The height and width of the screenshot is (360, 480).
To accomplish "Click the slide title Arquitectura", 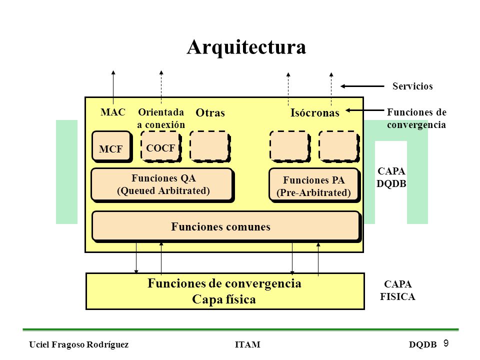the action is [x=246, y=47].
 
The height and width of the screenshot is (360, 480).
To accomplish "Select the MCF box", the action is [x=112, y=146].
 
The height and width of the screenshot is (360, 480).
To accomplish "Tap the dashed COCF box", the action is [x=161, y=146].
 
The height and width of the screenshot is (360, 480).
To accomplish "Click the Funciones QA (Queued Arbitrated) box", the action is [x=163, y=185].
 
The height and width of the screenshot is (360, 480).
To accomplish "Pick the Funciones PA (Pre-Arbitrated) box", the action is [x=314, y=185].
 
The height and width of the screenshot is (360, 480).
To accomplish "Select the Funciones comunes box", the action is [x=226, y=226].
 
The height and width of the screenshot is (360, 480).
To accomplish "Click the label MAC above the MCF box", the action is [x=113, y=112].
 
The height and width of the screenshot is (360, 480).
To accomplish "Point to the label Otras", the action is [x=210, y=112].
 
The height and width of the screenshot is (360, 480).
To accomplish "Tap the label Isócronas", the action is [x=315, y=112].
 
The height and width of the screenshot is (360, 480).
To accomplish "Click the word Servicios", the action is [x=412, y=86].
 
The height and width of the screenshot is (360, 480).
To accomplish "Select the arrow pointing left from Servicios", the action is [x=362, y=86].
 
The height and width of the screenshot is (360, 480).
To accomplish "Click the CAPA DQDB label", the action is [x=391, y=177].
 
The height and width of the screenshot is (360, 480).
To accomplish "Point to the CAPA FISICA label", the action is [x=397, y=290].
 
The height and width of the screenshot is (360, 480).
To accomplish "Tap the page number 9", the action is [x=446, y=343].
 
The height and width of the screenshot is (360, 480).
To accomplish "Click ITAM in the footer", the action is [x=247, y=344].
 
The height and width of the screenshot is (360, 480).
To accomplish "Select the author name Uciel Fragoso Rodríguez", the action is [x=78, y=344].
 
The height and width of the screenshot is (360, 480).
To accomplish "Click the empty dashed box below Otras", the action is [x=210, y=146].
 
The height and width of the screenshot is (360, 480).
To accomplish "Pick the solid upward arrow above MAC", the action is [x=113, y=87].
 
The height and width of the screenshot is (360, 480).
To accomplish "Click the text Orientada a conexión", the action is [x=161, y=118].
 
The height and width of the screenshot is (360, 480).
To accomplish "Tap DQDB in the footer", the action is [x=423, y=344].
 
